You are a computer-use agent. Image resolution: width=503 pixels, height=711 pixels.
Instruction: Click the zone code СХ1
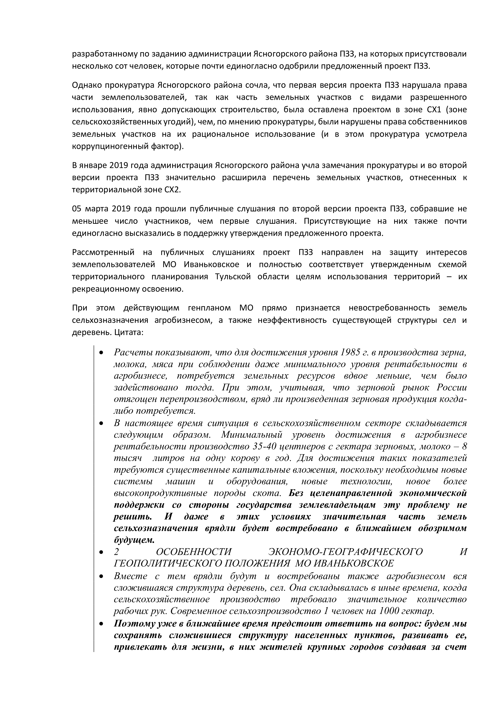coord(432,110)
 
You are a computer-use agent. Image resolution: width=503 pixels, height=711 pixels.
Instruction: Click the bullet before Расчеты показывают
coord(101,353)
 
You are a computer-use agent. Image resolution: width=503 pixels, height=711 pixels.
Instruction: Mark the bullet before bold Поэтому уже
coord(101,624)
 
